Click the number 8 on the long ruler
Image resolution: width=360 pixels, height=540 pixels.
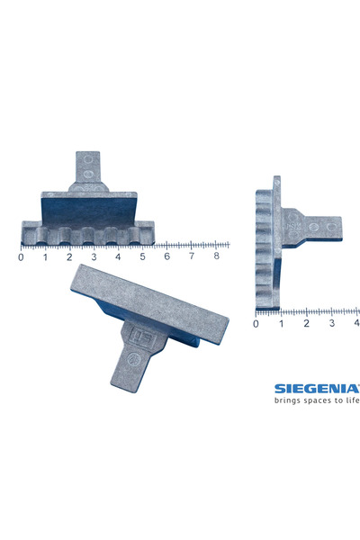[x=216, y=256]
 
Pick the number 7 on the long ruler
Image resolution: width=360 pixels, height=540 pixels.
[x=192, y=256]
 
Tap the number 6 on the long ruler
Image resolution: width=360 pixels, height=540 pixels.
[x=167, y=256]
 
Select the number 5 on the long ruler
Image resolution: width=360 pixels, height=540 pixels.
[x=143, y=256]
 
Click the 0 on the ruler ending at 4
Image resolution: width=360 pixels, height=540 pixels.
[x=256, y=323]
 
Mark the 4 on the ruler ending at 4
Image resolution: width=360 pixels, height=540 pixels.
[x=356, y=323]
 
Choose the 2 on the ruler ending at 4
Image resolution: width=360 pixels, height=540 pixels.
[x=307, y=323]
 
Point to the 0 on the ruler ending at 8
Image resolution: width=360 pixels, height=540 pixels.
[x=21, y=256]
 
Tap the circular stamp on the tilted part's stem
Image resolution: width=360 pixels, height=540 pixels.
[x=131, y=359]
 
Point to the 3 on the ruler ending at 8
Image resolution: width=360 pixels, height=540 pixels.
[x=94, y=256]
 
